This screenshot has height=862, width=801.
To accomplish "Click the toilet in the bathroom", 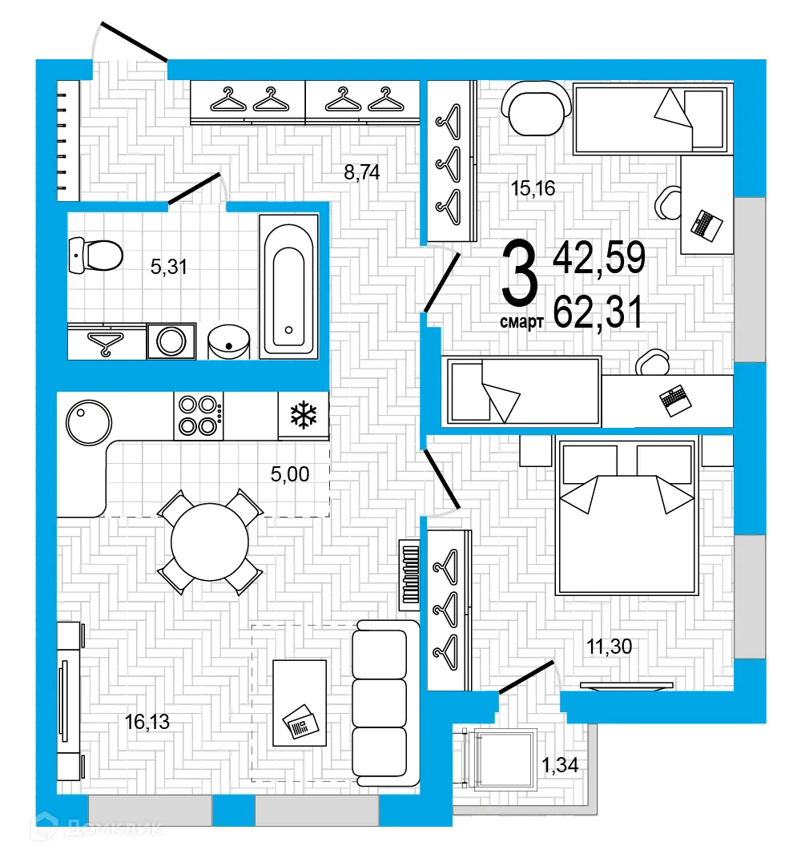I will [96, 255].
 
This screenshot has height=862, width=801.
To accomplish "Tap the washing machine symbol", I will [171, 341].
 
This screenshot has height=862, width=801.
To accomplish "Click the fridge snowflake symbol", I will [304, 415].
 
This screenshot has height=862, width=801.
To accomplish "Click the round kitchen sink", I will [88, 421].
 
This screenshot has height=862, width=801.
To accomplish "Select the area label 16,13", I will [147, 723].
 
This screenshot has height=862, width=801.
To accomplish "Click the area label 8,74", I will [361, 172].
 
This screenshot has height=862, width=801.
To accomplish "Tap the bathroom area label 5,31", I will [168, 267].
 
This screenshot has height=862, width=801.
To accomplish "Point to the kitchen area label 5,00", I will [290, 474].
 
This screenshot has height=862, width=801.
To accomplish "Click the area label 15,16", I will [533, 189].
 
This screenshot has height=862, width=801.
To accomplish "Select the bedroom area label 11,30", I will [610, 646].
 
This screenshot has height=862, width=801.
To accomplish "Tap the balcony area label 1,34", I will [560, 766].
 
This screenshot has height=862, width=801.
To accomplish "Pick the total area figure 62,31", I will [598, 312].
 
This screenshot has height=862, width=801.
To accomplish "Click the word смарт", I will [522, 322].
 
